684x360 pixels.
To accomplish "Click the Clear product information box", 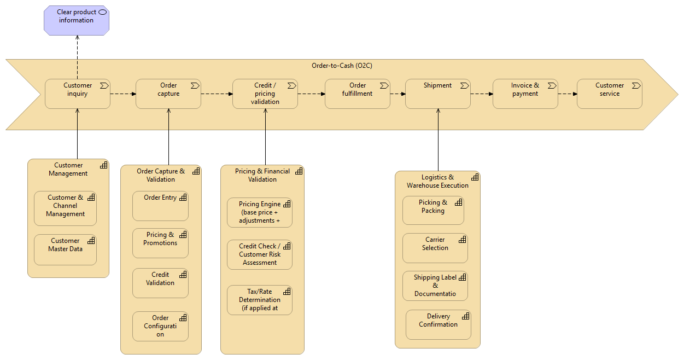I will coord(76,21).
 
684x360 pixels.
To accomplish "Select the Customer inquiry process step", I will coord(78,94).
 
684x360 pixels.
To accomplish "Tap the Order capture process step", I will coord(168,94).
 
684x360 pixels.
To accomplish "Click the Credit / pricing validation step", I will coord(265,94).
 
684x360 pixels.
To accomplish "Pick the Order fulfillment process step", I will coord(357,94).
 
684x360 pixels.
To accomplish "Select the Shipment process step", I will coord(437,94).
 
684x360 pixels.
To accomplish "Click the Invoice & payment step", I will coord(525,94).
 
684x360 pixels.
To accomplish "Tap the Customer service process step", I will coord(609,94).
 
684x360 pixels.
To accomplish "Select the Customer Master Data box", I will coord(65,249).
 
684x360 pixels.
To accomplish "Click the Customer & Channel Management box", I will coord(65,208).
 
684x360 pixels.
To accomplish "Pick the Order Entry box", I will coord(160,206).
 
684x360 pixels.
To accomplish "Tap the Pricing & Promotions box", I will coord(160,243).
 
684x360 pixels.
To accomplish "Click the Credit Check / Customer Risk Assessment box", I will coord(260,255).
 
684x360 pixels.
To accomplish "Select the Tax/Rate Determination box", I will coord(260,300).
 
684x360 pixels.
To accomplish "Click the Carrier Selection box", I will coord(435,248).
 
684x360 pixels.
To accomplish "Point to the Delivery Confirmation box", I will coord(438,325).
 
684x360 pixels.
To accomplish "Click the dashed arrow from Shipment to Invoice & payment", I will coord(481,94).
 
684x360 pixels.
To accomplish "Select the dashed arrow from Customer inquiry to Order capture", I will coord(122,94).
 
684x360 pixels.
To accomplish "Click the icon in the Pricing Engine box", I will coord(285,204).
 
